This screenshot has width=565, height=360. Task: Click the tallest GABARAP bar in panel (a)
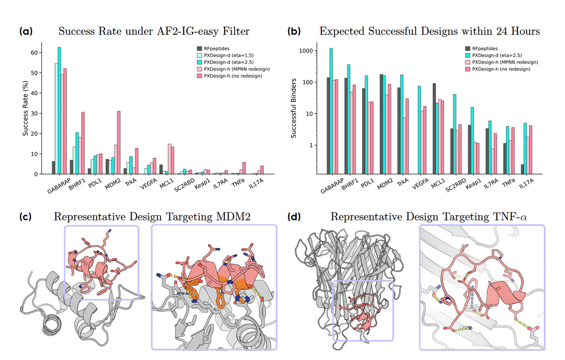[x=59, y=110]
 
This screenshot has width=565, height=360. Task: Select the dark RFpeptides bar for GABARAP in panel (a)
[x=53, y=168]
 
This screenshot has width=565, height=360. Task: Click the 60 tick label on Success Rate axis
[x=34, y=53]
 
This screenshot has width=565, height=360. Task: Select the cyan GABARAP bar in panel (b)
[x=331, y=110]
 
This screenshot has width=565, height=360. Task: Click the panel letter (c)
[x=26, y=217]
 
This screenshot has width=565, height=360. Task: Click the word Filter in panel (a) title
[x=234, y=31]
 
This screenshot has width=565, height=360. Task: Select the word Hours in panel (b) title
[x=524, y=31]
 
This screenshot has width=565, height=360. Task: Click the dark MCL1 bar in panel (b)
[x=434, y=129]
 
